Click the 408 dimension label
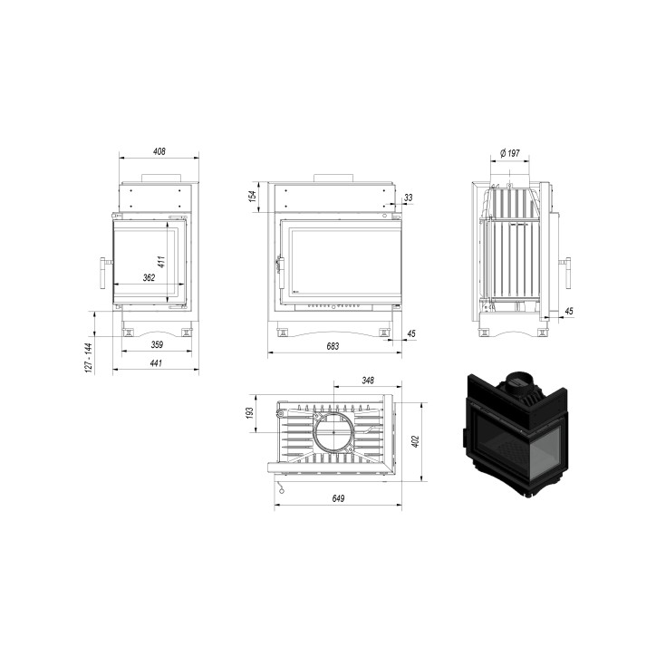coord(159,151)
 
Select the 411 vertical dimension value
coord(162,262)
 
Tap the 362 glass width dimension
coord(149,277)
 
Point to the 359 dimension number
coord(157,344)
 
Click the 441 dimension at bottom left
coord(156,363)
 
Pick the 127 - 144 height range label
coord(88,358)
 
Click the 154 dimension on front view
coord(252,197)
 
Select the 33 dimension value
coord(409,197)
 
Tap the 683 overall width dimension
coord(333,346)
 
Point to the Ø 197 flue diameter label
coord(510,153)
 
